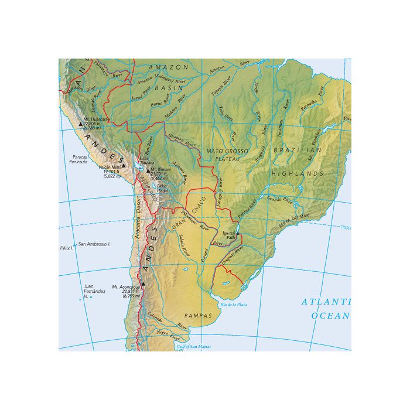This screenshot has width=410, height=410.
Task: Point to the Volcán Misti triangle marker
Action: [124, 166]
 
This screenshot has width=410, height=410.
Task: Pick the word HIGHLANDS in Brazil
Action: [303, 174]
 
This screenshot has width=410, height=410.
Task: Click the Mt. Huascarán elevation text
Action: [93, 126]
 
